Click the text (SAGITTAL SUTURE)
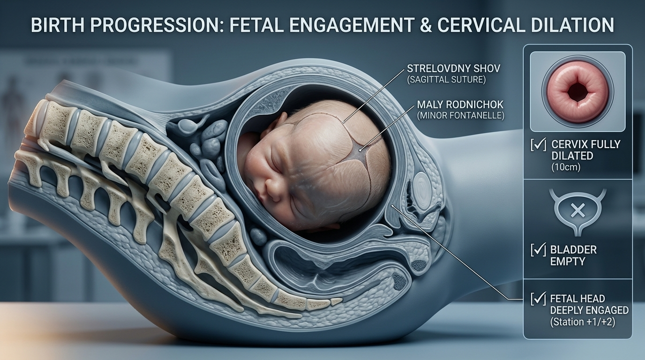coord(446,80)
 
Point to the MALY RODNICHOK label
coord(460,104)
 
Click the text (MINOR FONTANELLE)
coord(461,115)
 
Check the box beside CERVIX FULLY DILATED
coord(538,144)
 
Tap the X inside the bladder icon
coord(577,211)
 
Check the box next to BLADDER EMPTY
coord(538,249)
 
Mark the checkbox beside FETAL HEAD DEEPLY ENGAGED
coord(538,299)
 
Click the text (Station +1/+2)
coord(583,322)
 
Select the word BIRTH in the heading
coord(58,25)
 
